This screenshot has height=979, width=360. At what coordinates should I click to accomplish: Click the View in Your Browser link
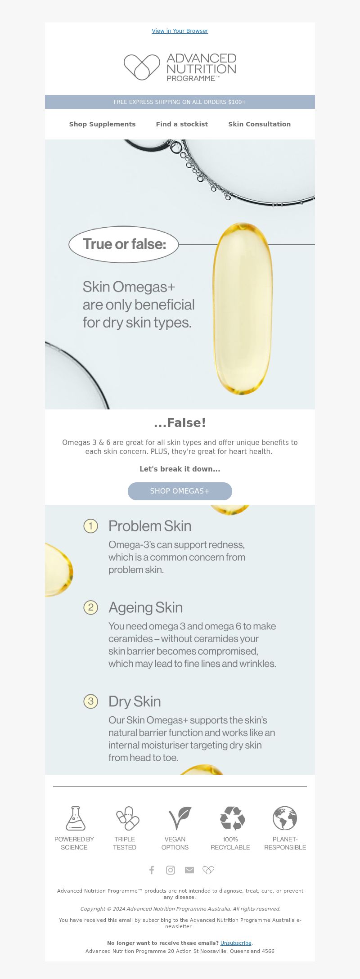tap(180, 31)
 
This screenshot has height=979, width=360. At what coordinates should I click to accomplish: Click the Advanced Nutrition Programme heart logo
tap(142, 67)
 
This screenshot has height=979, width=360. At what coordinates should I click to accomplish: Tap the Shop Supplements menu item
tap(102, 124)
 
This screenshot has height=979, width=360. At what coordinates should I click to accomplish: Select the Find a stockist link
tap(182, 124)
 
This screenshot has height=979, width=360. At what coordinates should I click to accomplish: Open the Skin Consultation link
tap(259, 124)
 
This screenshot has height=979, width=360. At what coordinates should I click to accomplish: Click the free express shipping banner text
tap(180, 102)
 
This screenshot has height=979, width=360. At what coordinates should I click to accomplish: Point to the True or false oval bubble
tap(124, 244)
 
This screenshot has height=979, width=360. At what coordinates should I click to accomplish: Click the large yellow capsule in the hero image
tap(243, 309)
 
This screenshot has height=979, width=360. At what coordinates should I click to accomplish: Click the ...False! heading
tap(180, 423)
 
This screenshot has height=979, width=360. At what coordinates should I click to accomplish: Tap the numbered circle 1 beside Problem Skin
tap(91, 526)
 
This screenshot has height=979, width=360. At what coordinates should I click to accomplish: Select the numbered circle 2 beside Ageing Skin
tap(91, 607)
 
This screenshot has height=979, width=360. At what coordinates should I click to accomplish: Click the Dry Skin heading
tap(135, 701)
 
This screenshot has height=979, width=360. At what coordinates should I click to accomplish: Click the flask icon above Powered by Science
tap(75, 818)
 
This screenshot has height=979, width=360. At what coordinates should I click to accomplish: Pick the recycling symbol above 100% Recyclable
tap(232, 818)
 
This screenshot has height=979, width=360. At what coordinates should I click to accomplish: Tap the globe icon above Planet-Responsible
tap(285, 818)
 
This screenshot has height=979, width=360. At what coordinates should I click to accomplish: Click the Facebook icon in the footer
tap(152, 870)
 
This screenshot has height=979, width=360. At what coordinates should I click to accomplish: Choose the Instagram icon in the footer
tap(171, 870)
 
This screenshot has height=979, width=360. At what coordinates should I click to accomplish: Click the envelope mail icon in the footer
tap(189, 870)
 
